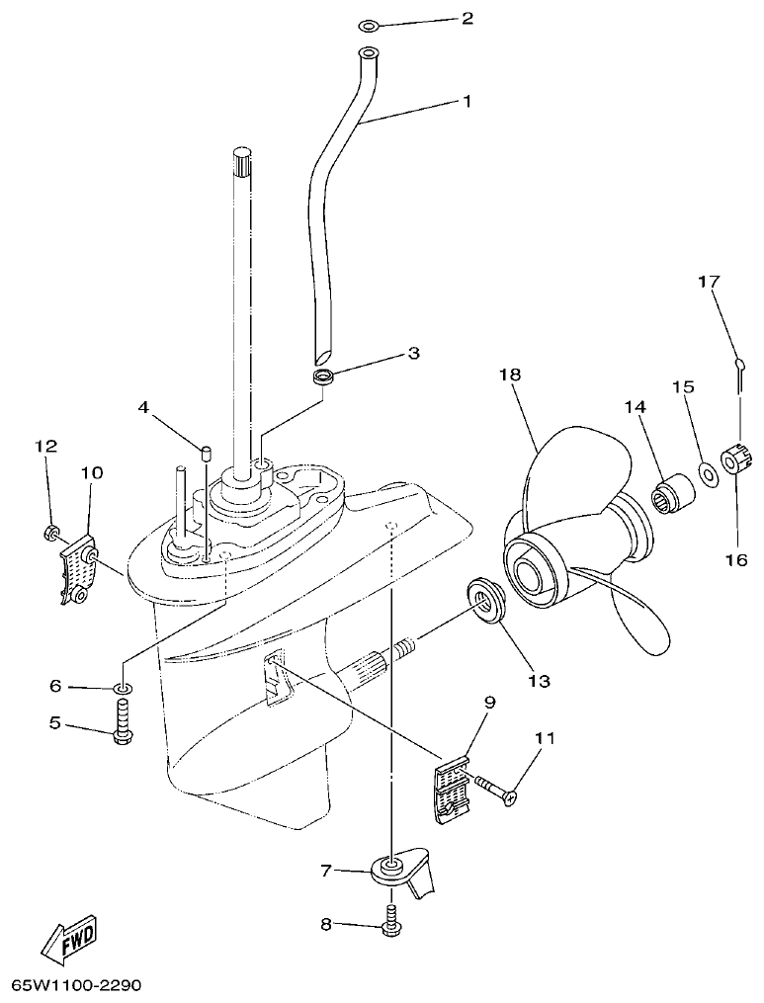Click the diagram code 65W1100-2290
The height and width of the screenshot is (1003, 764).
click(77, 986)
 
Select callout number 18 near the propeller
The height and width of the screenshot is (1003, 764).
click(510, 376)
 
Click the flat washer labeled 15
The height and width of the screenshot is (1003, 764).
click(707, 473)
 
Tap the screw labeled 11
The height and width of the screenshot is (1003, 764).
click(499, 791)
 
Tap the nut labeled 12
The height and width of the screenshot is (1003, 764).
click(50, 535)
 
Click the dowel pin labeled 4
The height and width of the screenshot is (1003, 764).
click(208, 454)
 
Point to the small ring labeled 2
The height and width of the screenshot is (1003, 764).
click(367, 23)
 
